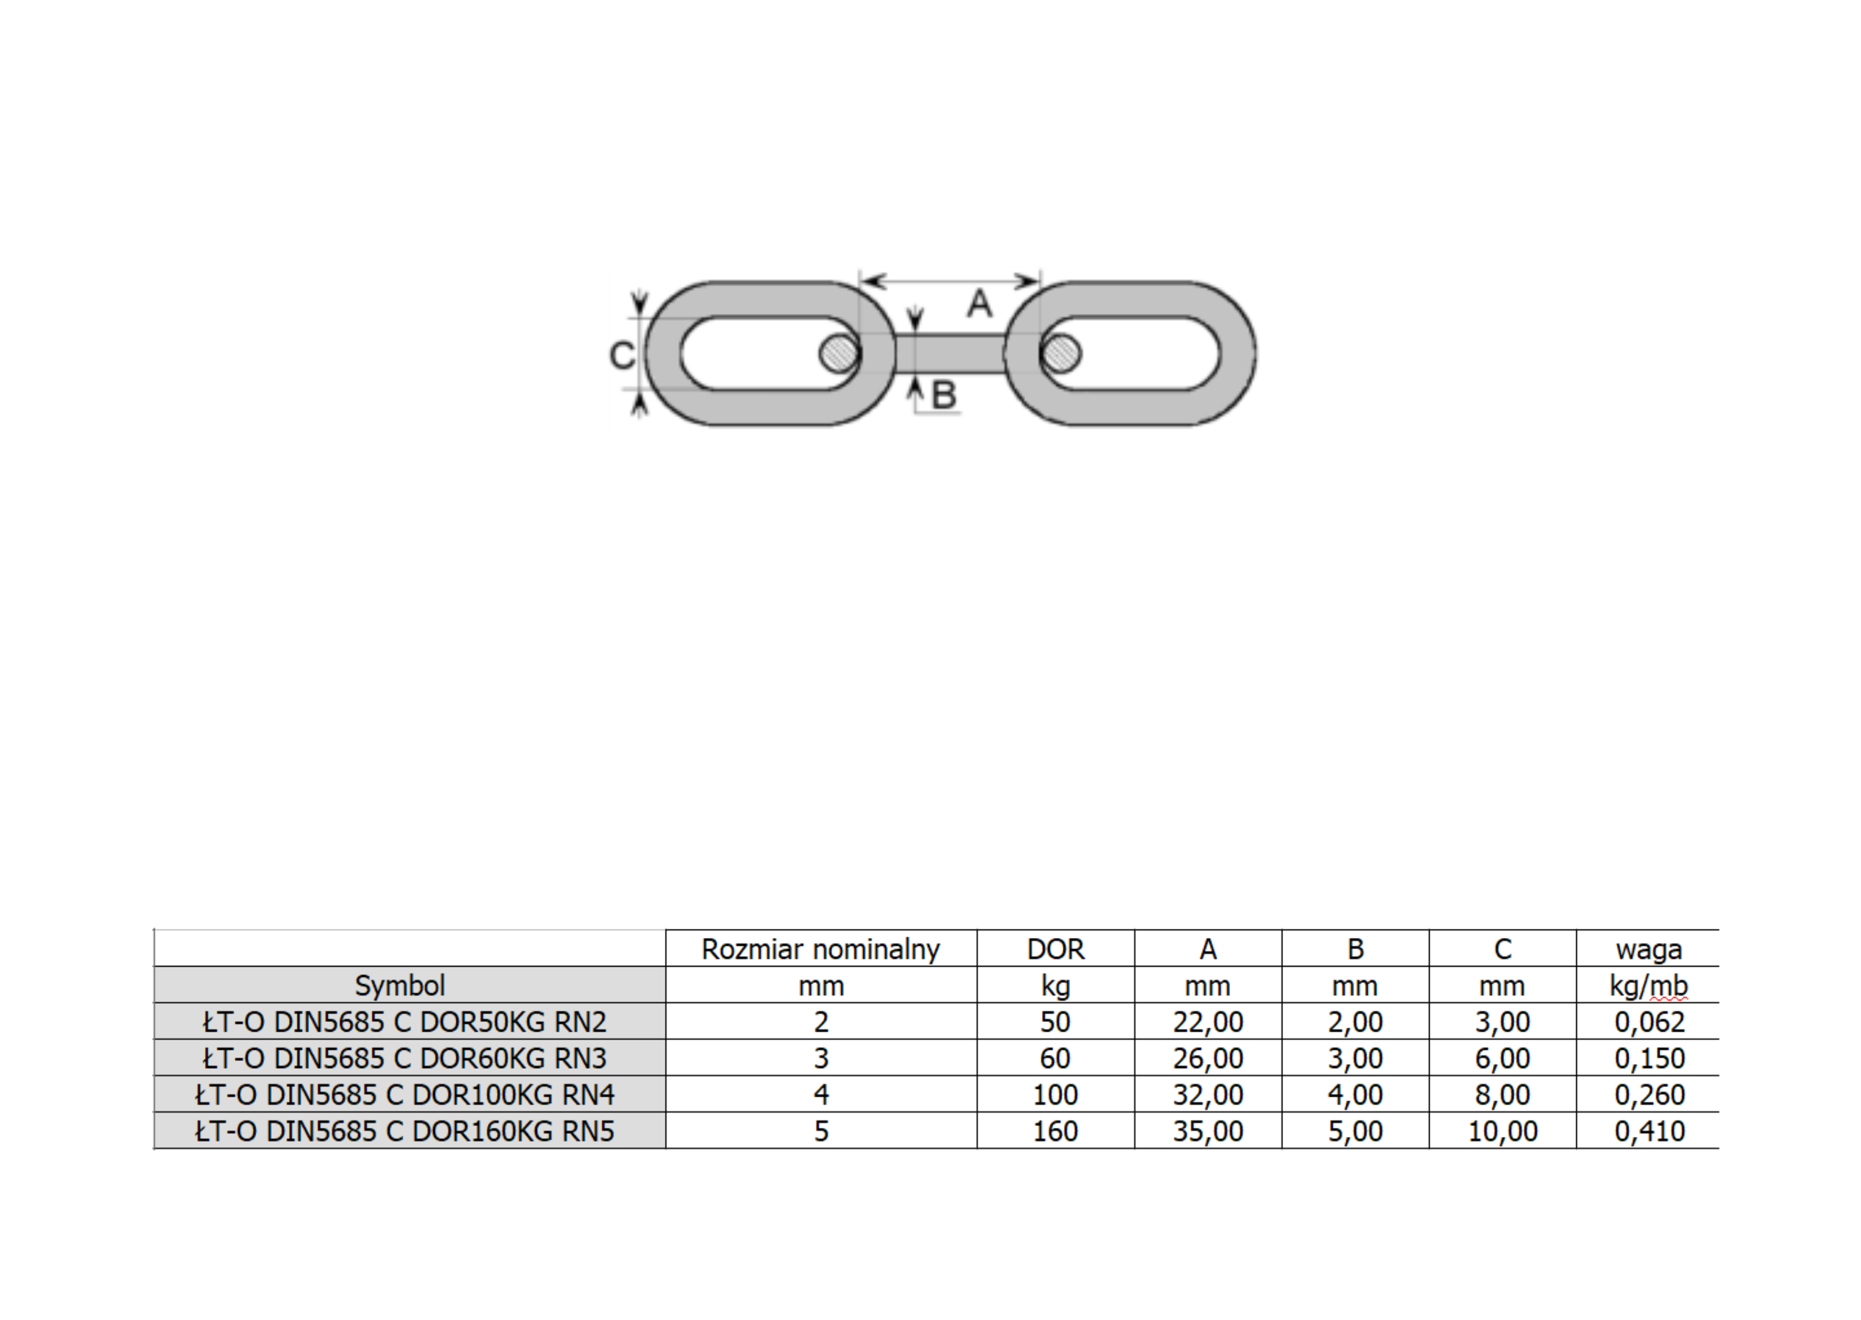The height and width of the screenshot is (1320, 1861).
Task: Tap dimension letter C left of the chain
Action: [622, 355]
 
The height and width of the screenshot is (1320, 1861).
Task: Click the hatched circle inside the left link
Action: [840, 353]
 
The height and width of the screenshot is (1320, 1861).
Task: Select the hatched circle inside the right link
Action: [1060, 353]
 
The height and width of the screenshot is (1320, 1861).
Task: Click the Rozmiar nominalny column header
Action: [821, 948]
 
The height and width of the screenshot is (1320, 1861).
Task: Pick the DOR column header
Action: [1055, 948]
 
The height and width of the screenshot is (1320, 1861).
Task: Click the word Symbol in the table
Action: [400, 985]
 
